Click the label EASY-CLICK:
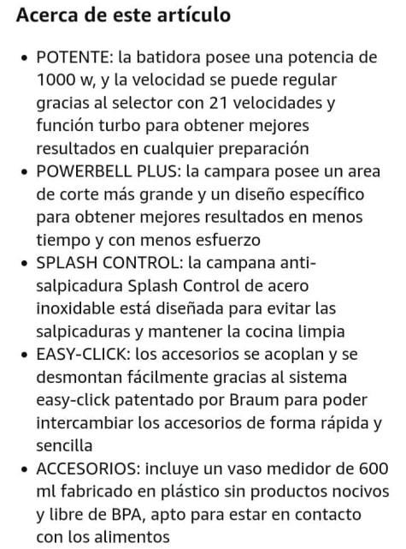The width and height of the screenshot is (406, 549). [x=84, y=355]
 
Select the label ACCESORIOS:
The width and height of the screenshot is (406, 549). [x=89, y=468]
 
